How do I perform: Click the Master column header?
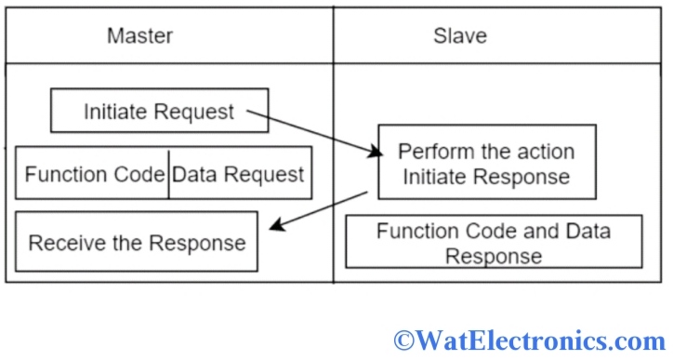click(139, 37)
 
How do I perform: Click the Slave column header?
click(459, 37)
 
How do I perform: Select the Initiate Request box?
click(159, 112)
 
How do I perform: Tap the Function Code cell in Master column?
click(93, 174)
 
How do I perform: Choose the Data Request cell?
click(239, 174)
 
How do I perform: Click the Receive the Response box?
click(137, 243)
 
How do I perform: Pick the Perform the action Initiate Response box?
click(486, 163)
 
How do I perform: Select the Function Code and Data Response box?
click(494, 242)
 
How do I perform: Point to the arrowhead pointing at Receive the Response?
click(272, 228)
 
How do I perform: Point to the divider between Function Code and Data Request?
click(168, 174)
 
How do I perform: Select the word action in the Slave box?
click(545, 152)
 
